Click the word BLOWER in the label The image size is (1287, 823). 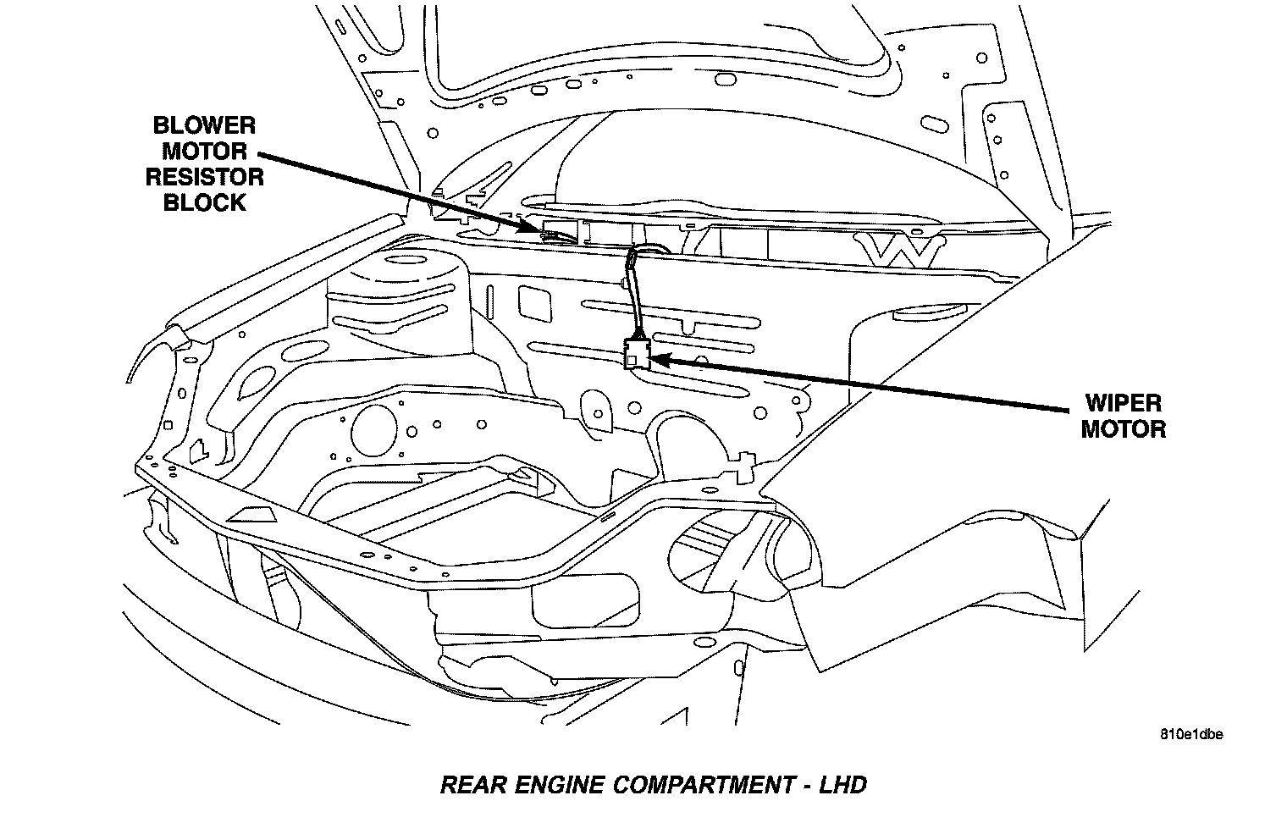click(203, 126)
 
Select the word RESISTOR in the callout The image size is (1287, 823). click(204, 178)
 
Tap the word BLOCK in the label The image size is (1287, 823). click(204, 203)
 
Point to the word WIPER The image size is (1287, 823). click(1123, 403)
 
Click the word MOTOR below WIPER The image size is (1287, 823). click(1123, 429)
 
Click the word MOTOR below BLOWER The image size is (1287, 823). click(204, 152)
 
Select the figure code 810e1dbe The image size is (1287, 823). click(1191, 734)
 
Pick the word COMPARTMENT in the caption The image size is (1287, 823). click(703, 785)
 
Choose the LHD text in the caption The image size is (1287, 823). click(842, 785)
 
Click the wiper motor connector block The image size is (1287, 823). click(635, 354)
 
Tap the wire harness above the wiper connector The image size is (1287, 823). click(632, 292)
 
